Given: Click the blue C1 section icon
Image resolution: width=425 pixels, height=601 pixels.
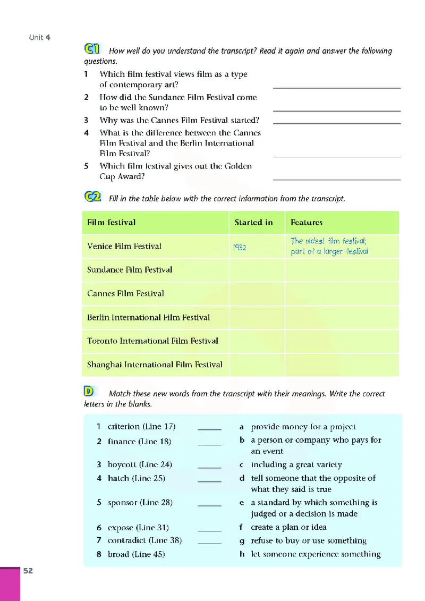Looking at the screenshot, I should (92, 49).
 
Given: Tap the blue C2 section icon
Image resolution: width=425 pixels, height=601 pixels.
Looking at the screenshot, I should (92, 197).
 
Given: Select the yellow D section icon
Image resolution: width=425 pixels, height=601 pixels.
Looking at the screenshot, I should (89, 392).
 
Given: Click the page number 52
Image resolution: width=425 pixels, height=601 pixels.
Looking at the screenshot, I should (28, 571).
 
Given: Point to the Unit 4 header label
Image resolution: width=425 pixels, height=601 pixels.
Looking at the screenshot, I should (40, 37).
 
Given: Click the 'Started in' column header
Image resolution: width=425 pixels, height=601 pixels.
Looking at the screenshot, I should (253, 222).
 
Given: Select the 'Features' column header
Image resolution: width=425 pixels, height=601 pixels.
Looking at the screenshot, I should (307, 222).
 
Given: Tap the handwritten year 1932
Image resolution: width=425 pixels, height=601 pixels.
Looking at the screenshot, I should (239, 247).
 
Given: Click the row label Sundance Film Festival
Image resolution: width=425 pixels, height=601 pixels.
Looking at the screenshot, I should (130, 270).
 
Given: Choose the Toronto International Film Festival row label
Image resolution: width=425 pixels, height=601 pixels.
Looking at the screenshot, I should (152, 341).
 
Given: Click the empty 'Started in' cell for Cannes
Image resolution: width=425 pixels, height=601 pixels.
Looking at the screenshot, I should (257, 294).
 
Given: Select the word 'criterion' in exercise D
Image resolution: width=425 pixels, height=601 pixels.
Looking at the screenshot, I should (124, 427).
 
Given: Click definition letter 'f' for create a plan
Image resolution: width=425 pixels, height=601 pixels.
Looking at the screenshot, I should (242, 527).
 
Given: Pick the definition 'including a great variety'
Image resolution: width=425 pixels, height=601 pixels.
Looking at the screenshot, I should (296, 464).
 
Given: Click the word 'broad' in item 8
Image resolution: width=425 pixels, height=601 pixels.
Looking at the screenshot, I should (118, 554).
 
